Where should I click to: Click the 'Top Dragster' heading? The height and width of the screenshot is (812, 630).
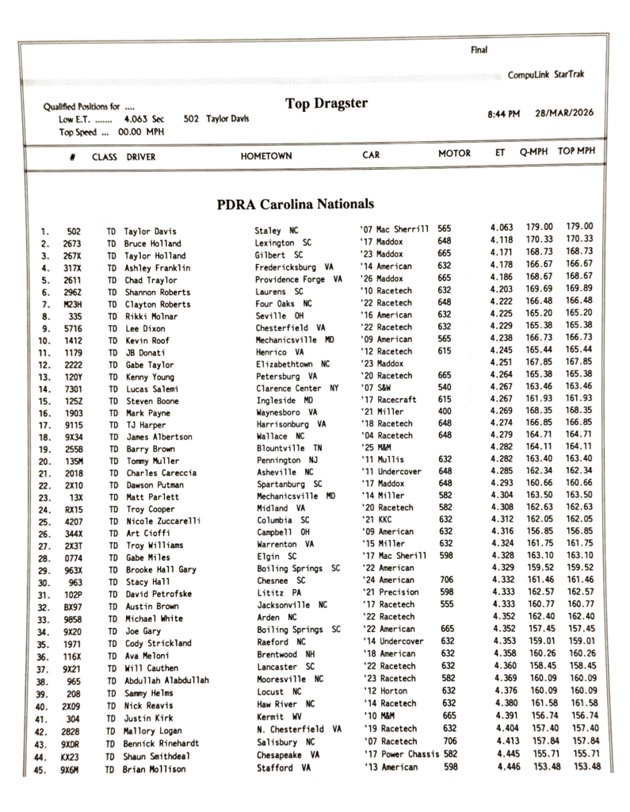coord(326,103)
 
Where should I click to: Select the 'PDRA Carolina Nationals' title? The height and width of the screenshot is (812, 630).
coord(295,204)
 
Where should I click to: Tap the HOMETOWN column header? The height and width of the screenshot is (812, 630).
coord(266,156)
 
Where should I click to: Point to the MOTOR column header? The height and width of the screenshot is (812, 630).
coord(454,154)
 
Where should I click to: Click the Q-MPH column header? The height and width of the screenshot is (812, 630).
coord(535,152)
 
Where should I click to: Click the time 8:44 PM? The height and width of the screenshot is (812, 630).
coord(503,115)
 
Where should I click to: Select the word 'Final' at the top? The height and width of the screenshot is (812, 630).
coord(479,50)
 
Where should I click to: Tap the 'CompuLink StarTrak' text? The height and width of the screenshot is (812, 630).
coord(546,75)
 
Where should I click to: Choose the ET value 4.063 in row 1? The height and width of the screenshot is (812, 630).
coord(502,227)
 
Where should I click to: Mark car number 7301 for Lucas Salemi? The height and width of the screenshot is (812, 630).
coord(73,389)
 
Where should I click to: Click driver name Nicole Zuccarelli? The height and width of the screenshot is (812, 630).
coord(162,521)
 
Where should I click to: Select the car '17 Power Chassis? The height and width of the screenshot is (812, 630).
coord(399,754)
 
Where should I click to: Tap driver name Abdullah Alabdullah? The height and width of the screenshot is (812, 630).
coord(166,680)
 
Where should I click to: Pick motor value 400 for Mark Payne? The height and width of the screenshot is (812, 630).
coord(445,412)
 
